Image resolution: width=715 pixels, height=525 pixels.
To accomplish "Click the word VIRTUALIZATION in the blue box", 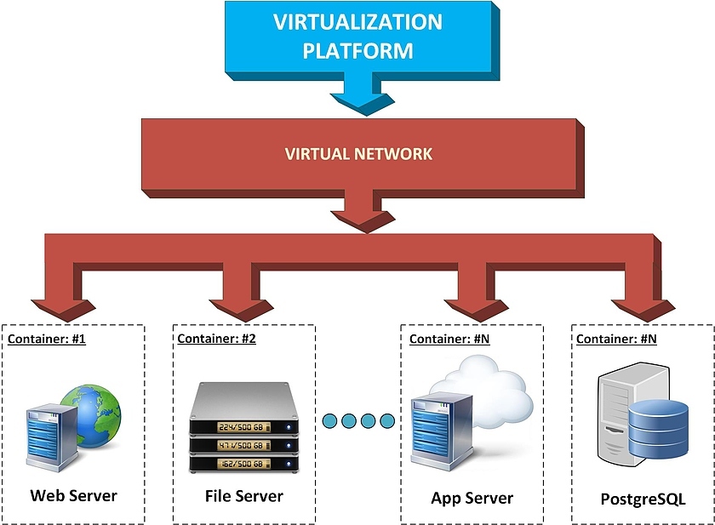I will [x=357, y=22].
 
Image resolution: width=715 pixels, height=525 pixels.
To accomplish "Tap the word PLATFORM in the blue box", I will [x=357, y=50].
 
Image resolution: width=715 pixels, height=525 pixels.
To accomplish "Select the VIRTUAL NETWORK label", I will [x=358, y=154].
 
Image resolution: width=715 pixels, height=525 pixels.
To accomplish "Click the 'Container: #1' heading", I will [x=47, y=339].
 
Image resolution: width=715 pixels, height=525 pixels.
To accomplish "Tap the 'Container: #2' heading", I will [x=216, y=339].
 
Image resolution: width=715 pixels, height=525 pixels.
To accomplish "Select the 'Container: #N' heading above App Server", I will [x=449, y=339].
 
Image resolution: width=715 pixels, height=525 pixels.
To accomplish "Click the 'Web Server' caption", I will [x=74, y=495].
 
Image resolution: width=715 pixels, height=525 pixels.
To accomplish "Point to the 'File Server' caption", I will [x=244, y=495].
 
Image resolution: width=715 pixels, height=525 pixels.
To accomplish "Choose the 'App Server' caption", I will [x=472, y=498].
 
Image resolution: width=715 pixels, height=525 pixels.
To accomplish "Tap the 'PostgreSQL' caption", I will [x=643, y=499].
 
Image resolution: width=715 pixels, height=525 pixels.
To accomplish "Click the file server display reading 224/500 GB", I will [x=244, y=426].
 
